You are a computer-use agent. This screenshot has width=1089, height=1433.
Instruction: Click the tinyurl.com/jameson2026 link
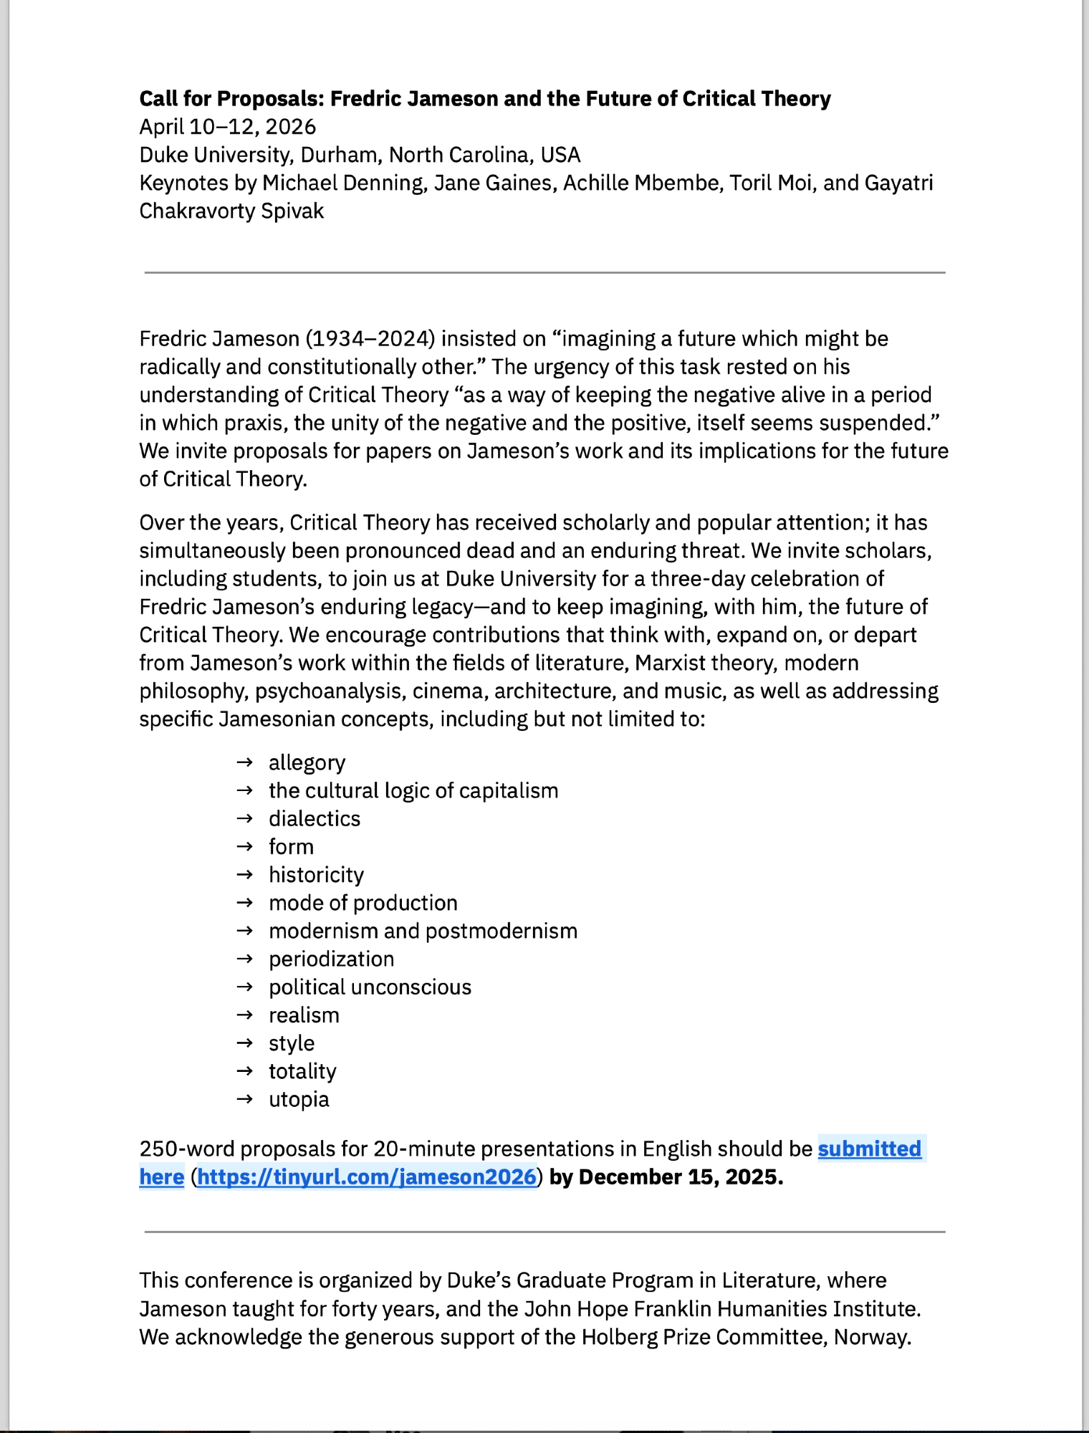366,1176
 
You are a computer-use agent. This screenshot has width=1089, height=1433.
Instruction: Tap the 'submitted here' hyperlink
868,1149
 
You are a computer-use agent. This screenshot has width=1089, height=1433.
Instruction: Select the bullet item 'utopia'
299,1099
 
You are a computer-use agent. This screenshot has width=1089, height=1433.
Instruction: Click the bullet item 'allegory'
307,762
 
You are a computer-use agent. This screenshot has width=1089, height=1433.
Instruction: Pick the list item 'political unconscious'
370,987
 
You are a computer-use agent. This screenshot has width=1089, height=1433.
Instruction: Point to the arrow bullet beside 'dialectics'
245,818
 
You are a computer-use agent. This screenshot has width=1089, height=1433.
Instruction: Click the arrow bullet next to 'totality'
245,1071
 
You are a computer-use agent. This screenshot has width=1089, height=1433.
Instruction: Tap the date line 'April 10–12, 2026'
227,127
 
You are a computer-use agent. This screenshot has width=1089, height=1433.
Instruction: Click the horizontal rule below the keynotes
544,272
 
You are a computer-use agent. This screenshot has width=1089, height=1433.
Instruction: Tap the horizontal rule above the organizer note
544,1232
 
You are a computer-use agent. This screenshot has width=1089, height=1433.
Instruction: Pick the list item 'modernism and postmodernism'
423,931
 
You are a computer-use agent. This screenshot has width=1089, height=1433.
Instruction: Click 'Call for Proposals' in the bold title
229,98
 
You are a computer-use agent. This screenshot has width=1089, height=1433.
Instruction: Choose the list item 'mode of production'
363,903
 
